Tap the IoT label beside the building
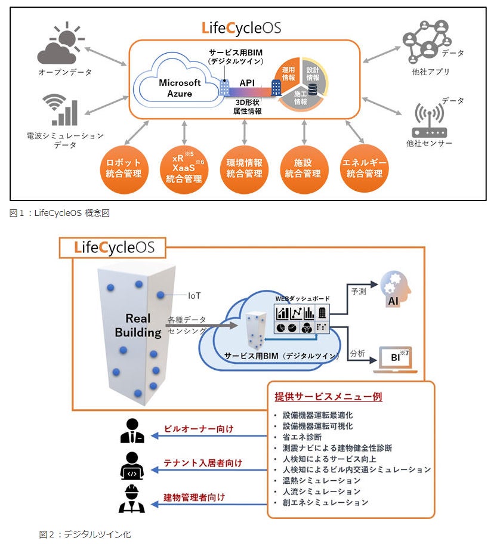pos(195,295)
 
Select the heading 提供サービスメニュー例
pos(328,397)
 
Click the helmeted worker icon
pos(132,499)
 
